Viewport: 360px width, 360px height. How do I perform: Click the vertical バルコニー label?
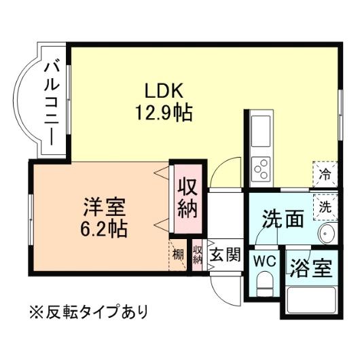pyautogui.click(x=52, y=102)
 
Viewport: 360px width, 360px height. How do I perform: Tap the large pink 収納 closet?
pyautogui.click(x=187, y=196)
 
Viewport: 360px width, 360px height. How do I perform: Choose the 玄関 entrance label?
pyautogui.click(x=224, y=255)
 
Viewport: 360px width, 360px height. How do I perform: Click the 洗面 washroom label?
pyautogui.click(x=283, y=219)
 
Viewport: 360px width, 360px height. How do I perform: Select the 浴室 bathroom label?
pyautogui.click(x=310, y=268)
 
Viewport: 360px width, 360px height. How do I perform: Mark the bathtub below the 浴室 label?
pyautogui.click(x=310, y=300)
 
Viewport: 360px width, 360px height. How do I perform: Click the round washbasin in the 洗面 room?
pyautogui.click(x=327, y=238)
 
